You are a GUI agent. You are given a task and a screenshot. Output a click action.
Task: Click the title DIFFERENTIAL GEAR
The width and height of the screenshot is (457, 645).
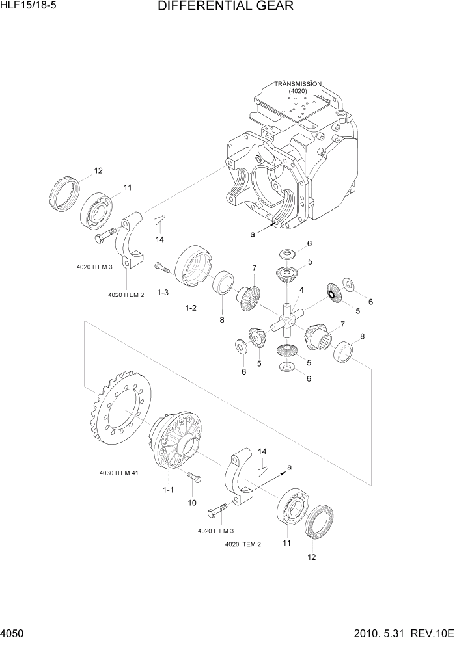pyautogui.click(x=225, y=7)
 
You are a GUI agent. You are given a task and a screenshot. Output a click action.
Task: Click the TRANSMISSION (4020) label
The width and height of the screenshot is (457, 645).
pyautogui.click(x=298, y=87)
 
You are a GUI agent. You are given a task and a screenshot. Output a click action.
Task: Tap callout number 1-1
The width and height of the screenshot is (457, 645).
pyautogui.click(x=167, y=490)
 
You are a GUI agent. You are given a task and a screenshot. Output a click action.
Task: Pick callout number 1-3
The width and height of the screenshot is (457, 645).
pyautogui.click(x=163, y=293)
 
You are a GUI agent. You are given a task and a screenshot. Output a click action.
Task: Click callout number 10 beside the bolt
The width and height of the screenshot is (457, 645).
pyautogui.click(x=191, y=502)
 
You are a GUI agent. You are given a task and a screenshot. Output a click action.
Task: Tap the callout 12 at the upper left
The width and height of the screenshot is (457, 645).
pyautogui.click(x=98, y=171)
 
